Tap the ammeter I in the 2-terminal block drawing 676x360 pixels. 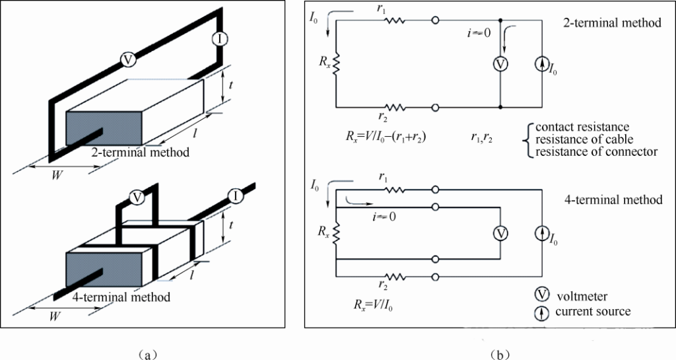[x=220, y=39]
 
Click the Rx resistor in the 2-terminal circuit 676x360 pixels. [x=337, y=64]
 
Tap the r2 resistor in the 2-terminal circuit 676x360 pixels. [x=394, y=106]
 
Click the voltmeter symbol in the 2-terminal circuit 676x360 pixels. [x=500, y=63]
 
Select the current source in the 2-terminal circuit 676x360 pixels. [x=543, y=64]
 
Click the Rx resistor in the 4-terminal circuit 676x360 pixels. [x=337, y=233]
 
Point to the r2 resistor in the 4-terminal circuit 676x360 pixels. [x=395, y=275]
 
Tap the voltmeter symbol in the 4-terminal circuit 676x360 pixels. [x=500, y=233]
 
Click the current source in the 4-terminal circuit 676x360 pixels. [x=543, y=233]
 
